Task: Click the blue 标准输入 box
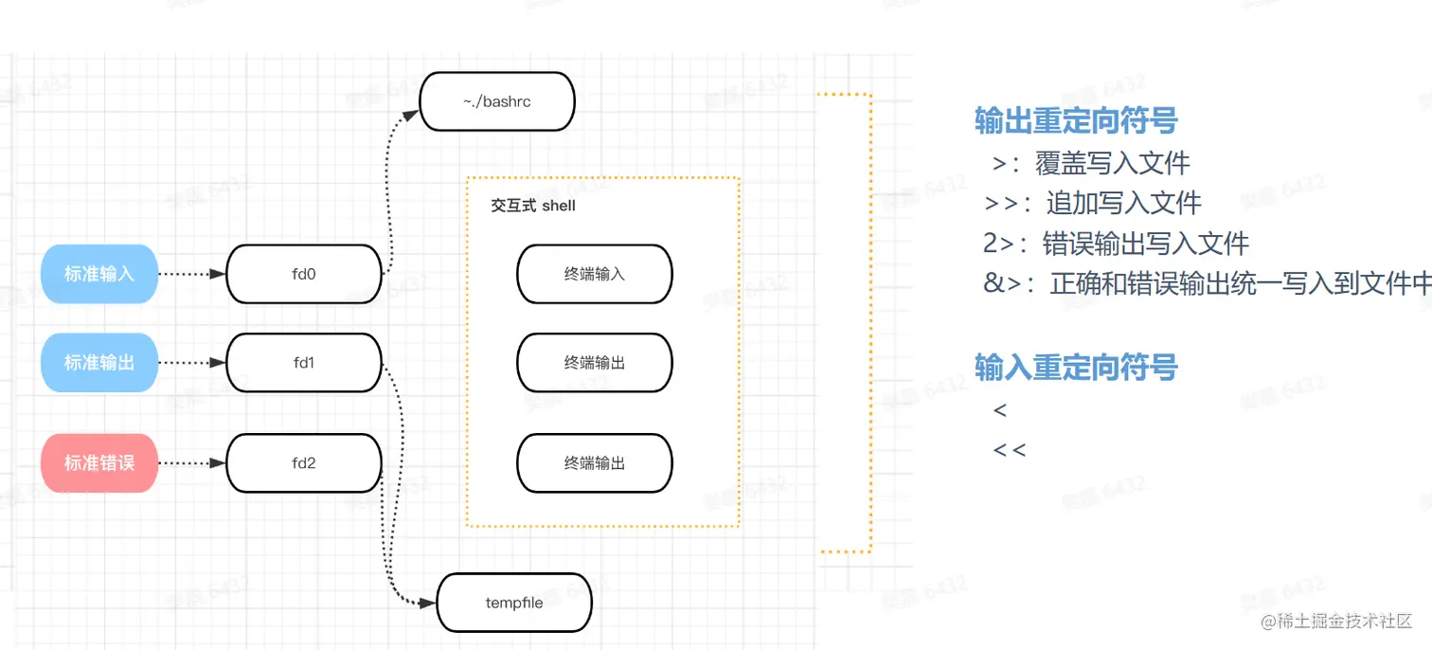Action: click(x=99, y=274)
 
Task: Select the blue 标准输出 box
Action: click(x=99, y=362)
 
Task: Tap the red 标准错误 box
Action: click(x=99, y=463)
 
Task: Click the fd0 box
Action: click(x=304, y=274)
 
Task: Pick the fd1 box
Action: click(x=304, y=362)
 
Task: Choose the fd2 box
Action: click(x=304, y=463)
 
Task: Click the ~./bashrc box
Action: click(x=497, y=101)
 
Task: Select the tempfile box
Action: click(x=514, y=603)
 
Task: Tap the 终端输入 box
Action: click(x=595, y=274)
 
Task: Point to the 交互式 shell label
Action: click(x=533, y=206)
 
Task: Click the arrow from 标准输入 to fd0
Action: click(x=191, y=274)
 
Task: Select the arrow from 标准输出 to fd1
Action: click(x=191, y=362)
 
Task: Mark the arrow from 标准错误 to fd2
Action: click(x=191, y=463)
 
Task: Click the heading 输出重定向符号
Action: click(x=1076, y=120)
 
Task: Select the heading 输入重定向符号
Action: click(x=1076, y=367)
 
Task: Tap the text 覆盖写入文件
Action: click(x=1113, y=163)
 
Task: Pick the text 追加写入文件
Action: click(x=1124, y=203)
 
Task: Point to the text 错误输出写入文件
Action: click(x=1146, y=244)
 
